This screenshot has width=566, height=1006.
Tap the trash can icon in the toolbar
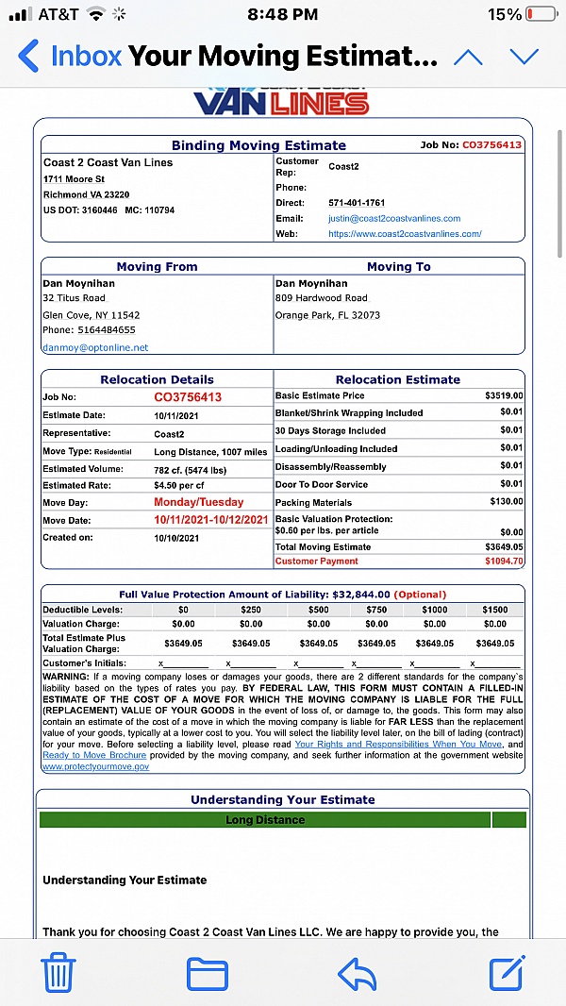point(58,972)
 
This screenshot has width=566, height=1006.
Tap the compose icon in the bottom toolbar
point(507,972)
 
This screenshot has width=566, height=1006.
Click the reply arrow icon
point(357,972)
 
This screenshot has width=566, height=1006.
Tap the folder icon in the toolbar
point(208,973)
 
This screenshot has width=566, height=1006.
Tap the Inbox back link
point(71,56)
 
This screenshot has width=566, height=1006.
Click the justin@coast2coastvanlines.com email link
point(394,218)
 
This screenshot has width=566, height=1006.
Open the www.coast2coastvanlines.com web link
point(405,233)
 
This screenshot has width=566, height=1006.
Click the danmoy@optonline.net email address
point(95,347)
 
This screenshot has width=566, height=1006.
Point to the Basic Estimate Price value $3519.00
point(504,395)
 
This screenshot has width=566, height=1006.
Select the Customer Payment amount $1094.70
point(504,562)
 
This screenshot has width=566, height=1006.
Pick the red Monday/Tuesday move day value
point(198,502)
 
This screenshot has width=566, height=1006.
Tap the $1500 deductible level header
point(494,610)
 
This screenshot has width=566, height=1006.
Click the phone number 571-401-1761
point(357,203)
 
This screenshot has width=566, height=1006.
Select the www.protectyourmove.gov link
point(95,767)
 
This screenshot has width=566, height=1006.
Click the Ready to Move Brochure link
point(94,755)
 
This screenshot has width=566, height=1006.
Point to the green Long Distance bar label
point(265,820)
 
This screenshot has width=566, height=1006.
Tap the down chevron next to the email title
point(524,56)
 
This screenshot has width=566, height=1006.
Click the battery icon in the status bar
point(541,15)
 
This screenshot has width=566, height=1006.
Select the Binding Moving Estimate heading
point(258,145)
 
